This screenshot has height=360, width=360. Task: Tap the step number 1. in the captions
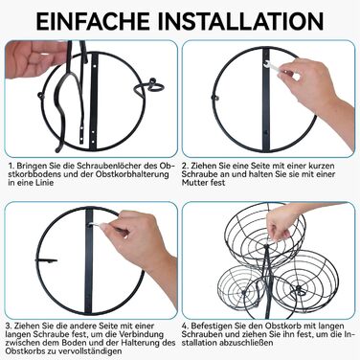click(11, 166)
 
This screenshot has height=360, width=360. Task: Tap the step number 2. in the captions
click(186, 166)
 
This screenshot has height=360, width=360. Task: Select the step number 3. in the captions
click(10, 326)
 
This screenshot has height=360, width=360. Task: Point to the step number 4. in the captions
click(186, 326)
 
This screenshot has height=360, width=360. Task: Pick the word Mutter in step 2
click(194, 183)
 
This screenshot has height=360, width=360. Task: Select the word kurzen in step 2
click(322, 166)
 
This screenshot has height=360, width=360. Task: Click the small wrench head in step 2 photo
click(267, 64)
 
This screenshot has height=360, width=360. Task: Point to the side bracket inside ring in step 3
click(47, 261)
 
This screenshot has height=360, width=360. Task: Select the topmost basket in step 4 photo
click(265, 236)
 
